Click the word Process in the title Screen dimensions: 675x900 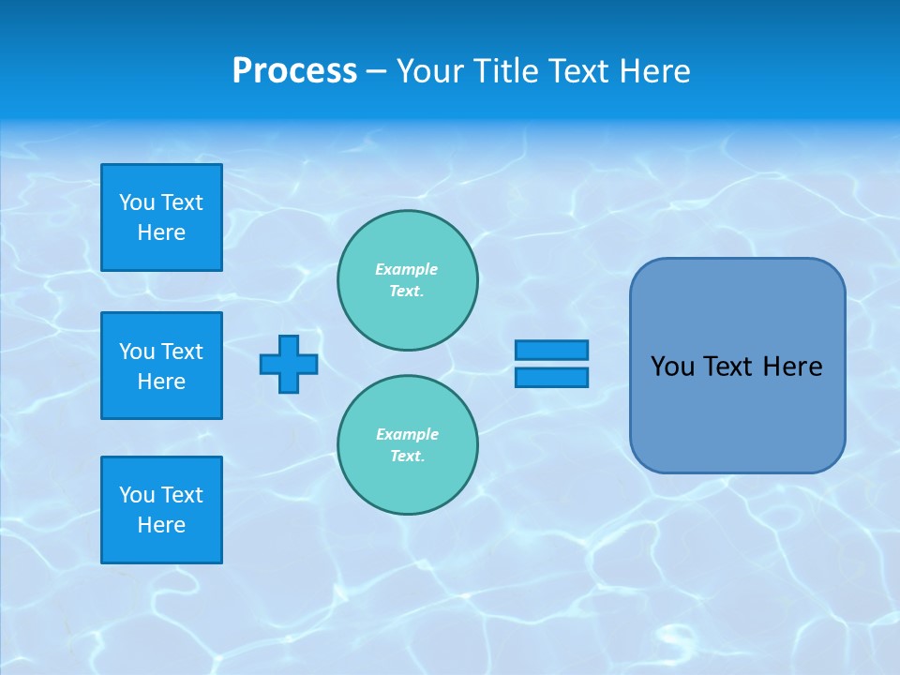pyautogui.click(x=294, y=71)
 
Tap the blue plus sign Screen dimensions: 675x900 pyautogui.click(x=289, y=364)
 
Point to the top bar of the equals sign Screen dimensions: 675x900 pyautogui.click(x=551, y=351)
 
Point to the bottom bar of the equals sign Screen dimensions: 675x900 pyautogui.click(x=551, y=377)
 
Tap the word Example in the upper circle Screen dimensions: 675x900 pyautogui.click(x=406, y=269)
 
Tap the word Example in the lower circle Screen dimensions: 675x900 pyautogui.click(x=407, y=434)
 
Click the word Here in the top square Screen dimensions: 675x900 pyautogui.click(x=161, y=232)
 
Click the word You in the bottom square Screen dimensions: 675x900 pyautogui.click(x=137, y=495)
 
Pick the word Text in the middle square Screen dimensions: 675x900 pyautogui.click(x=181, y=352)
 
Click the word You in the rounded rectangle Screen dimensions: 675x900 pyautogui.click(x=672, y=367)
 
